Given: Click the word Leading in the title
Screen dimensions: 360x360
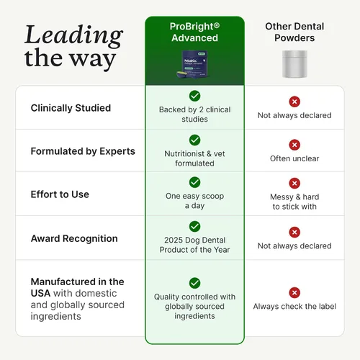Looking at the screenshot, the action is tap(74, 35).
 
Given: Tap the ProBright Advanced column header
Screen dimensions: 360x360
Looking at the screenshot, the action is tap(194, 32).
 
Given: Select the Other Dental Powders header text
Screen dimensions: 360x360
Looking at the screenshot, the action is tap(294, 32).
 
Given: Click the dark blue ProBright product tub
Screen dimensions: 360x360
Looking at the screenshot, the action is tap(193, 64).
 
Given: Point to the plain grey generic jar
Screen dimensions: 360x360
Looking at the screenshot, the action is tap(294, 64).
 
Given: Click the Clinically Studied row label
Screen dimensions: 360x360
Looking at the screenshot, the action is tap(71, 108).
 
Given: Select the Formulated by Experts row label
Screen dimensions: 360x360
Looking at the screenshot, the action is tap(83, 151).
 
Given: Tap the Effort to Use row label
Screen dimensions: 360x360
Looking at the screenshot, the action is tap(60, 194).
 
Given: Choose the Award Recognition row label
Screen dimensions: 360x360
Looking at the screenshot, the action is tap(74, 238).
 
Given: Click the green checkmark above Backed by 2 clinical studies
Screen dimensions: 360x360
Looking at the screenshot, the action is tap(194, 96).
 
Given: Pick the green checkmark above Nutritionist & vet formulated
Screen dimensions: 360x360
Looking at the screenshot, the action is tap(194, 140).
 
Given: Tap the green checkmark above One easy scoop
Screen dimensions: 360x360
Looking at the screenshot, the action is tap(194, 182).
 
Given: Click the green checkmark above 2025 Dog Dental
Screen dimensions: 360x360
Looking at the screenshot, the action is tap(194, 226).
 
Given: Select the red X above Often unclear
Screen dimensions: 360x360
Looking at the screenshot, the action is tap(294, 145).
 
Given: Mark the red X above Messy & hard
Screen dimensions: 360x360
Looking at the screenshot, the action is tap(294, 184).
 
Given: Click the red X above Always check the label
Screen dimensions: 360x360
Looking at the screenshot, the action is tap(294, 292).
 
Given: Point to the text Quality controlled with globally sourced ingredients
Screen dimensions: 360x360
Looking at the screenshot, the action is tap(194, 307).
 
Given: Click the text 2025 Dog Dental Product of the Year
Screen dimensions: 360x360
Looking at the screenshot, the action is tap(194, 245).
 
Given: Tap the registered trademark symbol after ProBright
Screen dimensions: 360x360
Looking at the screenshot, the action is tap(217, 25).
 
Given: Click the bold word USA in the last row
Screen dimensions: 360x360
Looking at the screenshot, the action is tap(40, 293).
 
